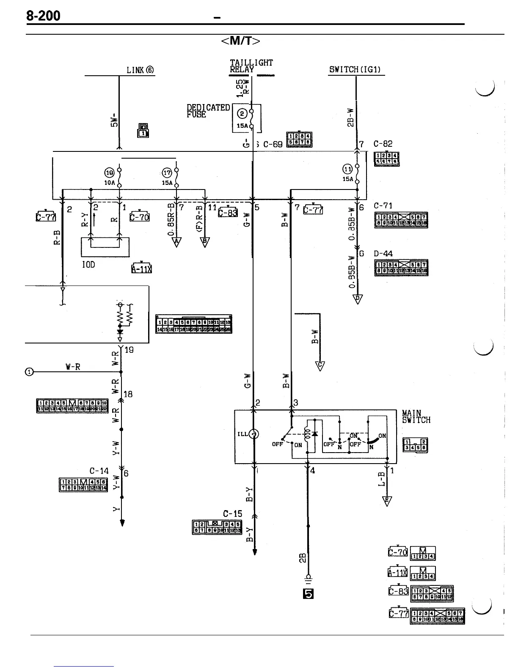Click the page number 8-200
click(x=43, y=16)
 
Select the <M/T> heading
click(x=240, y=41)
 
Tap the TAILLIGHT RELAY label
click(x=251, y=66)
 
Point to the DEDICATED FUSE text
click(x=208, y=111)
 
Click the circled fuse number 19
click(x=109, y=173)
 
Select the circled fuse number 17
click(x=167, y=173)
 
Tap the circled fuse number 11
click(x=347, y=169)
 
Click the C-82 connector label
click(x=383, y=144)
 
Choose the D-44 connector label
click(x=383, y=254)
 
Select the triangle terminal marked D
click(x=358, y=299)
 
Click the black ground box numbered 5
click(x=308, y=594)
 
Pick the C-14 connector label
click(x=99, y=471)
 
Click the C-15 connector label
click(x=232, y=513)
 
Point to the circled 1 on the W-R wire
click(x=29, y=372)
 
